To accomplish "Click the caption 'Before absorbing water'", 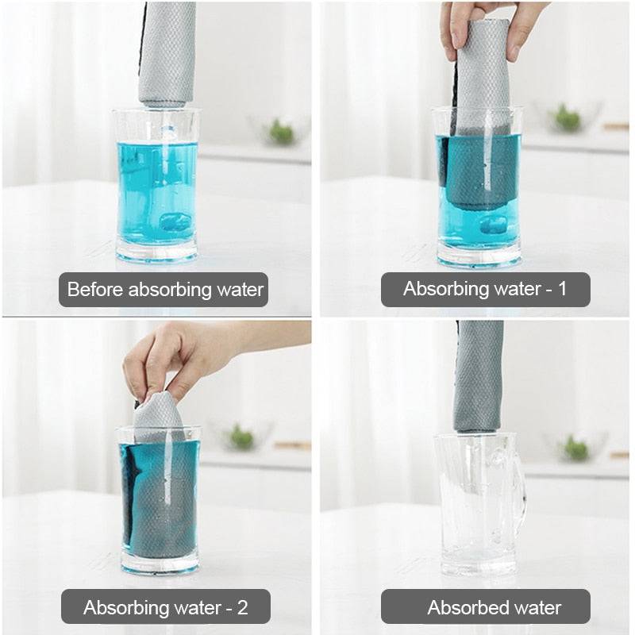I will coord(164,290).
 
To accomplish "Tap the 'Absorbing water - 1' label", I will coord(485,289).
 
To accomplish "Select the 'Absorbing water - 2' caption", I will coord(165,607).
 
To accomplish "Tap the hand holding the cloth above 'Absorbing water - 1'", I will coord(484,24).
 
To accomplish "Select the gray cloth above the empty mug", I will coord(478,373).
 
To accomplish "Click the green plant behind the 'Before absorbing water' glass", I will coord(281,131).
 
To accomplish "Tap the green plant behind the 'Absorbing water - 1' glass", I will coord(567,119).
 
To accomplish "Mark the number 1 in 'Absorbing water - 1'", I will coord(562,289).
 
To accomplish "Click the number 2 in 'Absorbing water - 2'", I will coord(242,607).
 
